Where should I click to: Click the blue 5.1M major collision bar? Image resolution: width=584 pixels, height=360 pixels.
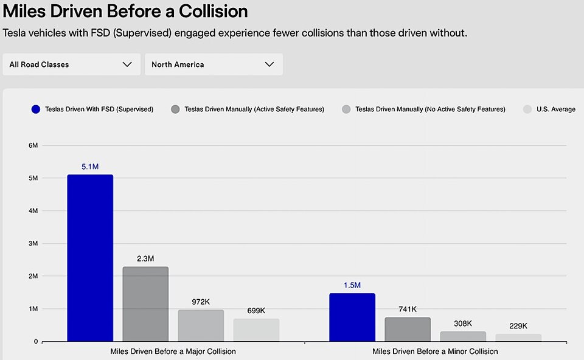[90, 258]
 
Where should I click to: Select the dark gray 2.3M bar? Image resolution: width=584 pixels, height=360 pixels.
[145, 304]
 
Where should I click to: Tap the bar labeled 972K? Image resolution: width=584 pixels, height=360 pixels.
[201, 325]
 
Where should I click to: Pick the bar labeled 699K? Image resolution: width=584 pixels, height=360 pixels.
[256, 330]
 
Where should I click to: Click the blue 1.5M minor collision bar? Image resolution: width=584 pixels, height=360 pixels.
[352, 317]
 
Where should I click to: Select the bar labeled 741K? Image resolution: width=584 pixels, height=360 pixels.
[408, 329]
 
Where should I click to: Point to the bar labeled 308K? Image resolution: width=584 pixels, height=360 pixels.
[463, 336]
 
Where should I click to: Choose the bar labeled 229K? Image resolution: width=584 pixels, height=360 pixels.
[518, 337]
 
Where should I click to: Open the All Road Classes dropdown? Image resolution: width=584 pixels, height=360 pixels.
[71, 64]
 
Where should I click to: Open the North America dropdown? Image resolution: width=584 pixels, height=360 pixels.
[213, 64]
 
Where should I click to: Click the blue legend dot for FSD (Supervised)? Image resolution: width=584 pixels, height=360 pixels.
[35, 109]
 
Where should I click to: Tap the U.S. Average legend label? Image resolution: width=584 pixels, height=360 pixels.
[555, 109]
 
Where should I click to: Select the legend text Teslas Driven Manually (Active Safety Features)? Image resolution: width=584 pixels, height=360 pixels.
[254, 109]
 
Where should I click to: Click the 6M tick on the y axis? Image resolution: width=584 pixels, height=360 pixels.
[33, 145]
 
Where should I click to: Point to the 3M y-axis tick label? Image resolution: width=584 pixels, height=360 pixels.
[33, 243]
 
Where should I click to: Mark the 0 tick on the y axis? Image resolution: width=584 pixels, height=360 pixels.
[35, 342]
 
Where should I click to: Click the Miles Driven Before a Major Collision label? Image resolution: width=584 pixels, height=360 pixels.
[173, 351]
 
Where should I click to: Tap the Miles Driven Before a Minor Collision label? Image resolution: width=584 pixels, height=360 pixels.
[435, 351]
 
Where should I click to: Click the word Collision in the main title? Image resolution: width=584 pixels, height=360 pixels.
[210, 11]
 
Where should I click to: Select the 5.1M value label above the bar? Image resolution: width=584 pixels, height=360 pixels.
[90, 166]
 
